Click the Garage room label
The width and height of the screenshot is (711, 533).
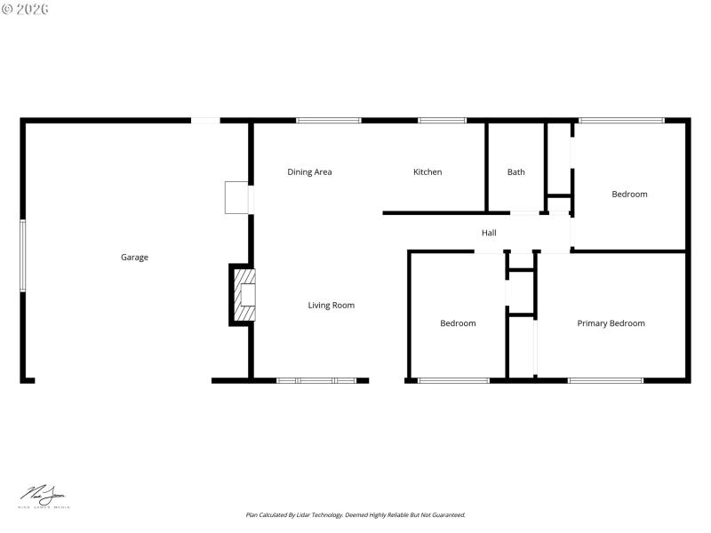pos(134,258)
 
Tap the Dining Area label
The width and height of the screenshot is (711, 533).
pos(309,172)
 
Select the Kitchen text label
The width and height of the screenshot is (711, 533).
pos(427,172)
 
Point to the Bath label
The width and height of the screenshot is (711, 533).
pos(515,172)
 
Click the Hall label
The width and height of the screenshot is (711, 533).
pos(489,233)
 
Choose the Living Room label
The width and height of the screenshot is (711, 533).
pos(331,306)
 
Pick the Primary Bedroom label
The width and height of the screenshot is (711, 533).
pos(611,323)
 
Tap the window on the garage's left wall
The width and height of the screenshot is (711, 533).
pos(23,256)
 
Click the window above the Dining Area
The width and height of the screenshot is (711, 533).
pos(329,120)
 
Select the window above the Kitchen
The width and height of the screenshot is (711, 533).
pos(442,120)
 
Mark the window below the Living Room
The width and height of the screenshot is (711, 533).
pos(316,380)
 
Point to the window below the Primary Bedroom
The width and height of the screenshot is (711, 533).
pos(605,380)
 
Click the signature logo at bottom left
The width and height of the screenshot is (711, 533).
pos(45,497)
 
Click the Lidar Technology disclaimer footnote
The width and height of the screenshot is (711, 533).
pos(355,514)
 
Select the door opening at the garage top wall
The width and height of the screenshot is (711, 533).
pos(206,120)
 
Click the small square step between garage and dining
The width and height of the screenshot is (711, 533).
pos(237,198)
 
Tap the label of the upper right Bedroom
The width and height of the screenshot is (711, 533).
pos(629,195)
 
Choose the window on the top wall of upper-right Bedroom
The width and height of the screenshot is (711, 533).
pos(621,120)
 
